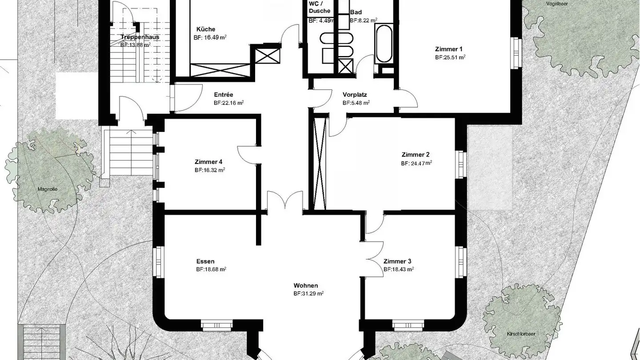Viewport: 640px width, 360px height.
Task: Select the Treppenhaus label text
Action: pyautogui.click(x=140, y=37)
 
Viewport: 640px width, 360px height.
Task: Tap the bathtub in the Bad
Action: pyautogui.click(x=383, y=44)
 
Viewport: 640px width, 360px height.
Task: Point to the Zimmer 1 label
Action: pyautogui.click(x=449, y=49)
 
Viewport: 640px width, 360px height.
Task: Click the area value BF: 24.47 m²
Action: pyautogui.click(x=416, y=163)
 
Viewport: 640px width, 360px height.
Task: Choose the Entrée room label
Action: pyautogui.click(x=223, y=95)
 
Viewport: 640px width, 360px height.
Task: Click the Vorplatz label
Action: pyautogui.click(x=355, y=95)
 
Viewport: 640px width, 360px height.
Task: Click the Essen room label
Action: pyautogui.click(x=205, y=261)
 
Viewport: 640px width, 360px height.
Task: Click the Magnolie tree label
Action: pyautogui.click(x=48, y=189)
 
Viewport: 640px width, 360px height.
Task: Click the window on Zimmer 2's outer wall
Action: pyautogui.click(x=461, y=164)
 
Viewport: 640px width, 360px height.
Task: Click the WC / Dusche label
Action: pyautogui.click(x=319, y=7)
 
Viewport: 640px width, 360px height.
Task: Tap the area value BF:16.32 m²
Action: pyautogui.click(x=209, y=170)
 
